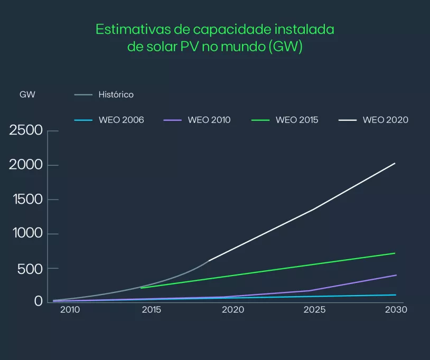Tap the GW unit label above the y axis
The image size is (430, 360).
coord(27,94)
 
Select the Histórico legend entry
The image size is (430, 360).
coord(116,94)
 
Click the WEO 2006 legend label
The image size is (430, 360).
coord(121,120)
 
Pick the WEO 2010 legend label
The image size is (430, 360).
coord(209,120)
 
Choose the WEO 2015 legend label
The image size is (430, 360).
coord(297,120)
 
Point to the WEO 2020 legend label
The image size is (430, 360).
coord(385,120)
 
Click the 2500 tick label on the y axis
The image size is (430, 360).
coord(26,130)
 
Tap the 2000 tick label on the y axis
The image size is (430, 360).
coord(26,165)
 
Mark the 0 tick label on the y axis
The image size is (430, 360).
coord(38,302)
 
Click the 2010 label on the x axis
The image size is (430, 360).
coord(70,310)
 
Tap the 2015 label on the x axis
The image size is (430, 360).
coord(152,310)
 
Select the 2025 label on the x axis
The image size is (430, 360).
coord(314,310)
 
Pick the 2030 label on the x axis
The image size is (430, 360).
coord(396,310)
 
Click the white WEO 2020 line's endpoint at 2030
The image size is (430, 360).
coord(395,163)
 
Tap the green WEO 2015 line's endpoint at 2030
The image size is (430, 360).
coord(395,253)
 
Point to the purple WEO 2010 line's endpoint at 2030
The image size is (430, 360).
coord(396,275)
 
